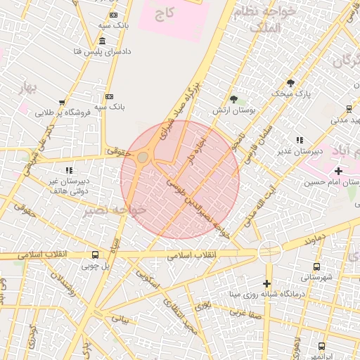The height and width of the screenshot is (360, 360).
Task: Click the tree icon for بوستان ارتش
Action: pos(233,99)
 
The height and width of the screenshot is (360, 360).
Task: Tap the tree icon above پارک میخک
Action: pos(290,82)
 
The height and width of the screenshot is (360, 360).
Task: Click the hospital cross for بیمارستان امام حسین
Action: pos(338,171)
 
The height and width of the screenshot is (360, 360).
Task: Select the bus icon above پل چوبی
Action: pos(95,255)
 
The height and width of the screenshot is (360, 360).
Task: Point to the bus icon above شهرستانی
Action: pos(316,266)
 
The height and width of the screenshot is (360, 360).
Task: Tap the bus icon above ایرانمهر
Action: pos(321,347)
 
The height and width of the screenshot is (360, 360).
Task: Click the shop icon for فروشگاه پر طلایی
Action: pos(62,103)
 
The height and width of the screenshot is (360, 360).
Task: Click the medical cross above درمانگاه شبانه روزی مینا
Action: pos(266,283)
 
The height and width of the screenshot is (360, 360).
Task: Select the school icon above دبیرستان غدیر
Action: pos(300,140)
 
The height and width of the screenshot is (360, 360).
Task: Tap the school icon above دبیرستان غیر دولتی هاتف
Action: pos(69,170)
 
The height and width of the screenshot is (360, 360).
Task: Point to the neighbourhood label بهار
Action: pos(29,87)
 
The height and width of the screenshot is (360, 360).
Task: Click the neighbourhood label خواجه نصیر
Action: pos(112,210)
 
